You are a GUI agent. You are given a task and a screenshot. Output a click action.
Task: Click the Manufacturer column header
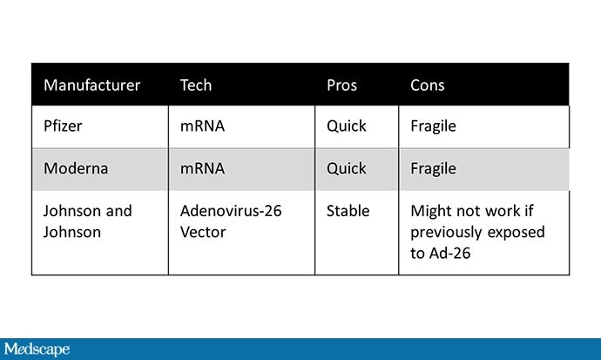coord(92,85)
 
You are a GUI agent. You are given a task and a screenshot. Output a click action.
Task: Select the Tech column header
coord(196,85)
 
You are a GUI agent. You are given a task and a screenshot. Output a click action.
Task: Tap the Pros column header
coord(342,85)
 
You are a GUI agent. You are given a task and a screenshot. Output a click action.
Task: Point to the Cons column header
coord(428,85)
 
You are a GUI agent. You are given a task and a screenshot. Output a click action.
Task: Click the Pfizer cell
coord(63,126)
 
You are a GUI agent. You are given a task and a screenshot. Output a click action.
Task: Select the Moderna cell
coord(76,168)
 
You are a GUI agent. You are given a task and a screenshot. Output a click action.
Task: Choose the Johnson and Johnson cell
coord(88,221)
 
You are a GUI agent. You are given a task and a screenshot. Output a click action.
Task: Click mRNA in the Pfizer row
coord(202,126)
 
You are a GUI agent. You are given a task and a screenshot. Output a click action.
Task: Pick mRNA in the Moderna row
coord(202,168)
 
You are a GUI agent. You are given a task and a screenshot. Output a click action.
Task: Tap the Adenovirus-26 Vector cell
coord(231,221)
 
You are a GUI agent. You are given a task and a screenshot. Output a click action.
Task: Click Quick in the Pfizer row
coord(347,126)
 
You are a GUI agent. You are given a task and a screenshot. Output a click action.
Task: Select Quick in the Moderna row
coord(347,168)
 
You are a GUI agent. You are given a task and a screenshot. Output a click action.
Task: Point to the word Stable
coord(348,211)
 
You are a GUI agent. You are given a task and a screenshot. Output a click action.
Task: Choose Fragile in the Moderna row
coord(434,169)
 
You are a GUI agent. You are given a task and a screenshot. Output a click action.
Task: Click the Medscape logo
coord(37,350)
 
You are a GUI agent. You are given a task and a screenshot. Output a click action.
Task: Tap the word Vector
coord(203,232)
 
